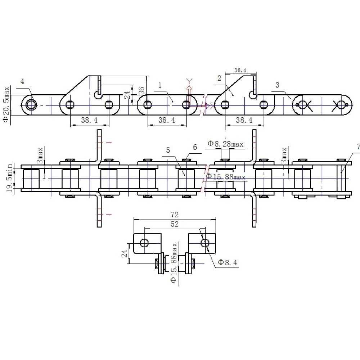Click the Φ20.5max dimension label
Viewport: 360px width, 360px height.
(x=6, y=104)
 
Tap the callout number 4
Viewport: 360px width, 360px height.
(x=22, y=81)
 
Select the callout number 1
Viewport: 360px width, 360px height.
(x=160, y=85)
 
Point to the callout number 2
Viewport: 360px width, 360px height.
(x=219, y=78)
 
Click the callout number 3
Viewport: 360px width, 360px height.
(x=277, y=85)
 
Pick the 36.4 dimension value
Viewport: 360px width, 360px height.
(x=240, y=70)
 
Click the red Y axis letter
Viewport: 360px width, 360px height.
(x=189, y=81)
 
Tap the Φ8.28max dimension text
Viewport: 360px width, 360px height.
(x=225, y=144)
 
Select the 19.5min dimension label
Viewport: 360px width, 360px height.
(x=9, y=178)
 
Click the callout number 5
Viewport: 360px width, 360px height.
(x=168, y=150)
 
